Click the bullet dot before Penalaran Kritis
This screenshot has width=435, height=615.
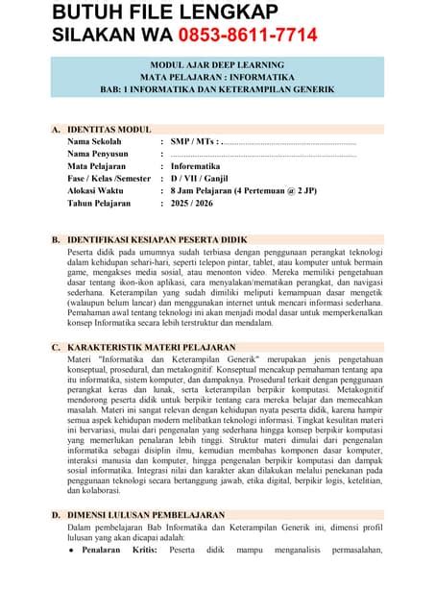(x=71, y=552)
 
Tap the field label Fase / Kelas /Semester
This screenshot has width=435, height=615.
(x=109, y=179)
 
